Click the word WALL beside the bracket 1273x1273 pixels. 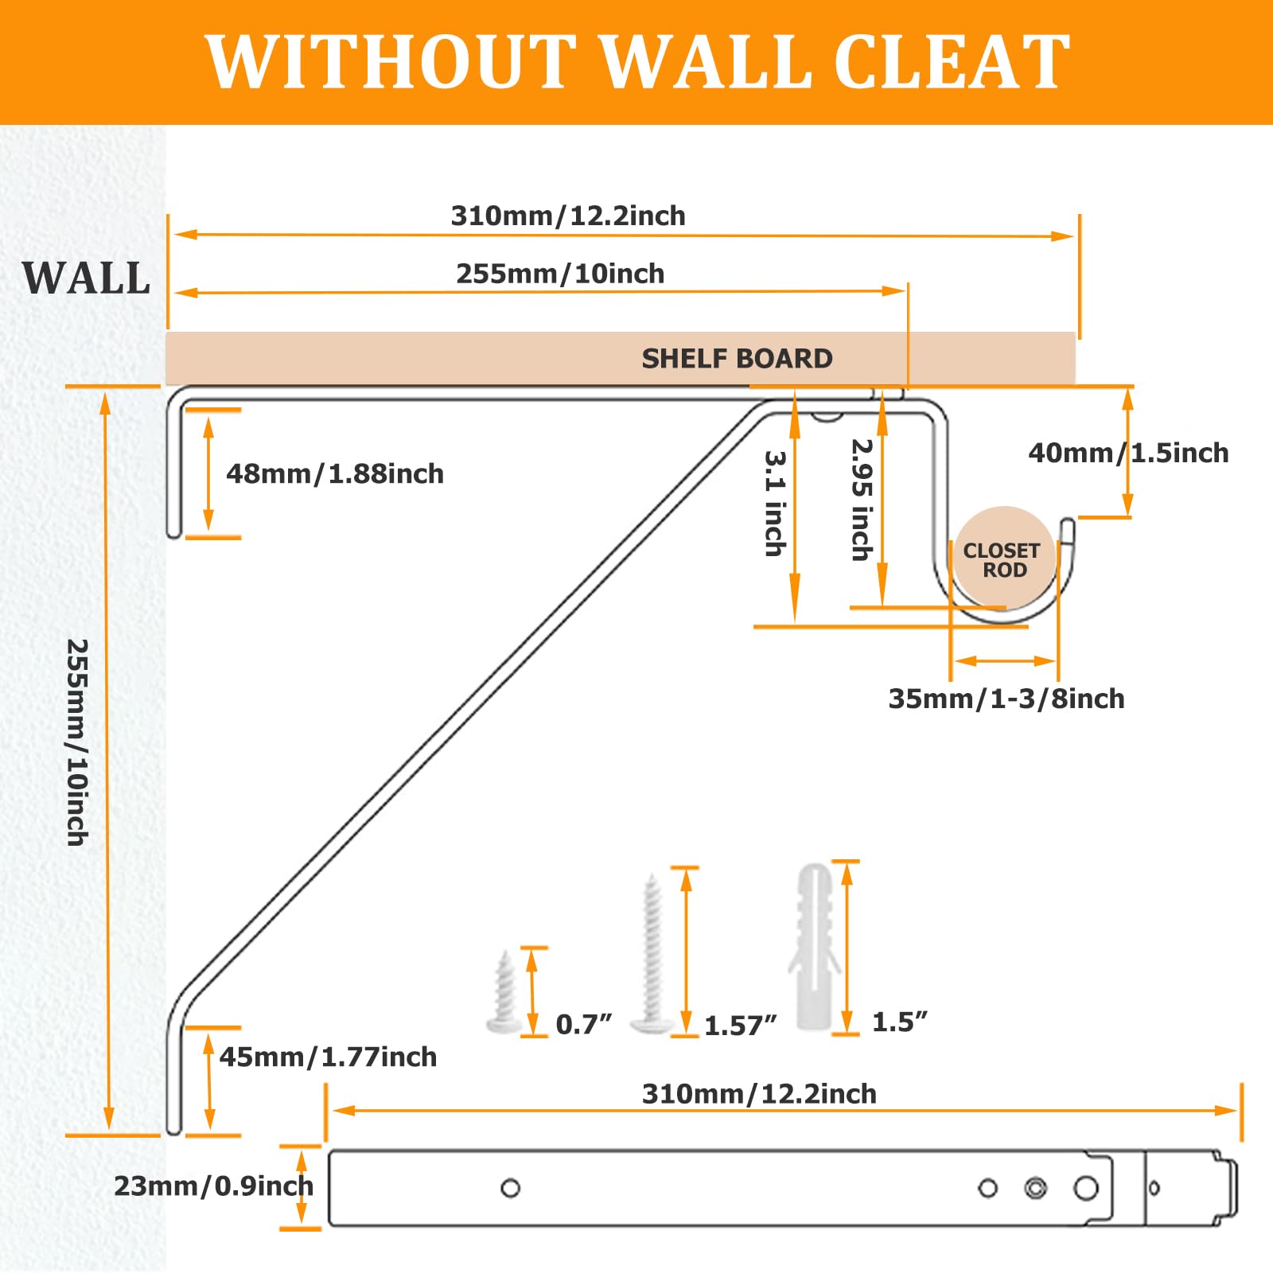pyautogui.click(x=86, y=278)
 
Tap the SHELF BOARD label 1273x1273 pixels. pyautogui.click(x=737, y=359)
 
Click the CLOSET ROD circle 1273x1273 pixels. pyautogui.click(x=1005, y=558)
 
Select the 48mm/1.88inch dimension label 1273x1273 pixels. pyautogui.click(x=335, y=474)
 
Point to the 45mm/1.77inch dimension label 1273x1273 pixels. pyautogui.click(x=328, y=1057)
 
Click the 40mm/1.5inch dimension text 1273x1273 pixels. pyautogui.click(x=1128, y=453)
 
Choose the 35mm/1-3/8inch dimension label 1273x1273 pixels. pyautogui.click(x=1006, y=699)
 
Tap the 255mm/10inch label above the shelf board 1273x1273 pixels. pyautogui.click(x=560, y=274)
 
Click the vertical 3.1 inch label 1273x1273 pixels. pyautogui.click(x=776, y=504)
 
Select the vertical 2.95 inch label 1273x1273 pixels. pyautogui.click(x=862, y=500)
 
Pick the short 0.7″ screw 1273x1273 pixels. pyautogui.click(x=505, y=992)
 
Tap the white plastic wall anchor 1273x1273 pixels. pyautogui.click(x=814, y=948)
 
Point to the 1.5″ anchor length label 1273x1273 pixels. pyautogui.click(x=900, y=1022)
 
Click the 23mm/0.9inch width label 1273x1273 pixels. pyautogui.click(x=213, y=1186)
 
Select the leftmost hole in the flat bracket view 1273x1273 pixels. pyautogui.click(x=511, y=1188)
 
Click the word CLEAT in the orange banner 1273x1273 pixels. pyautogui.click(x=952, y=62)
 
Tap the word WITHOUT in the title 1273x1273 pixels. pyautogui.click(x=391, y=62)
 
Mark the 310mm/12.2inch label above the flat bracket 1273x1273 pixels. pyautogui.click(x=759, y=1094)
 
